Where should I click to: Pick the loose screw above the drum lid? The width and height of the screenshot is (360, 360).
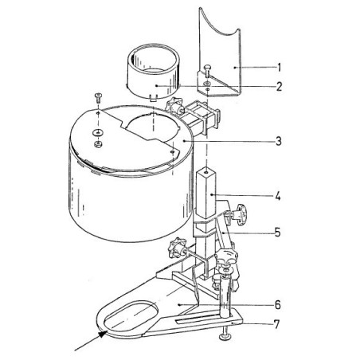[96, 98]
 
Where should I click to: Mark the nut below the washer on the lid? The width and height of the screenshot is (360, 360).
[97, 143]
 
